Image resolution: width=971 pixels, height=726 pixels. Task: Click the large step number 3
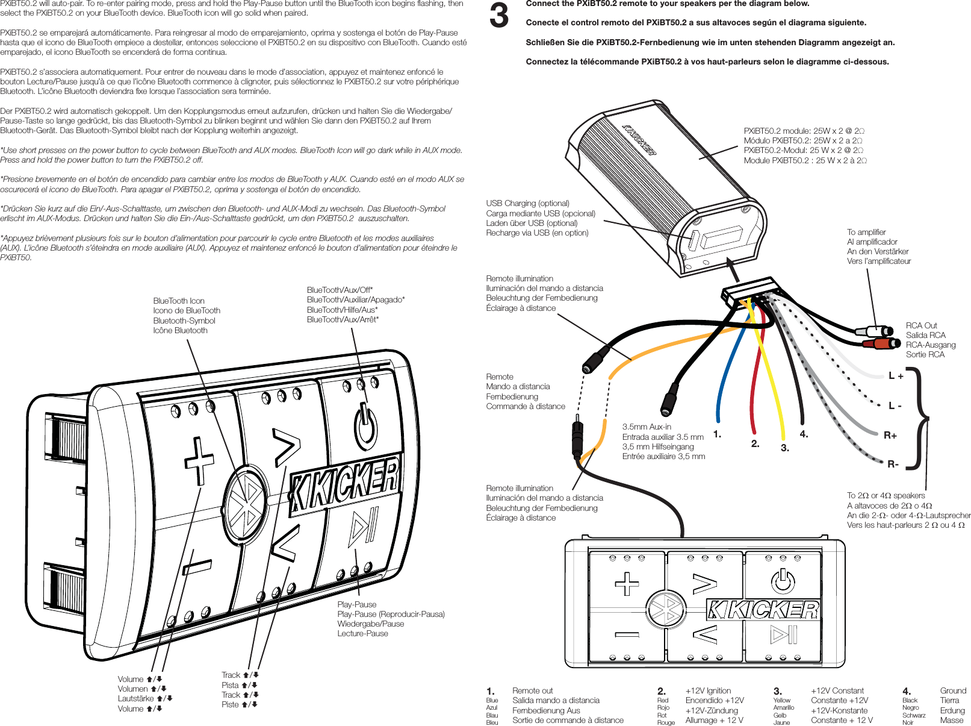(498, 16)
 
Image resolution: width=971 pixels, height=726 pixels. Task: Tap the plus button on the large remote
(199, 460)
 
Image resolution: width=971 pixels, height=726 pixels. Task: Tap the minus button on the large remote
(197, 567)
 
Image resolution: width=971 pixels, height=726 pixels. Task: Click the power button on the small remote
(783, 581)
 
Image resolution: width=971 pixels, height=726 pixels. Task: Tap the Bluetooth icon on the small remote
(666, 610)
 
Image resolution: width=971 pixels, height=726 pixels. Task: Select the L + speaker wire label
(896, 376)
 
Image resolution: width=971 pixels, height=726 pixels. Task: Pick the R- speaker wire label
(893, 464)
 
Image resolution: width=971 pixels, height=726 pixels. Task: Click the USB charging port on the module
(693, 240)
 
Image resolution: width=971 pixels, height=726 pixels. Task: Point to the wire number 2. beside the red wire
(755, 443)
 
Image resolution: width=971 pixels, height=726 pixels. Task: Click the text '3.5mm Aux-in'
(647, 427)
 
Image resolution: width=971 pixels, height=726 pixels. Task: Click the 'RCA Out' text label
(921, 325)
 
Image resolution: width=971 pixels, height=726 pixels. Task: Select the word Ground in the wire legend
(952, 690)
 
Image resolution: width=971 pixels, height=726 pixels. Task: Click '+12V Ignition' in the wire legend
(708, 690)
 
